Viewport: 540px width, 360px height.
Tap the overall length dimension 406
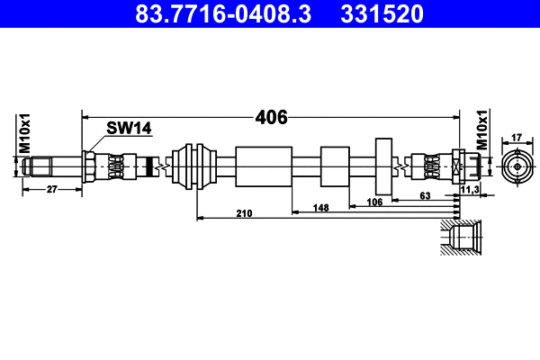[x=271, y=117]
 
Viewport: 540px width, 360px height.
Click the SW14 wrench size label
[x=129, y=129]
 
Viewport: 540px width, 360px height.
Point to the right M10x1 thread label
[x=481, y=131]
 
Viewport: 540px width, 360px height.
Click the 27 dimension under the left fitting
[x=51, y=189]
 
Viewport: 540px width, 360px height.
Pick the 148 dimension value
[x=320, y=207]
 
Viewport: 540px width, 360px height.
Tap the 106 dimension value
[x=375, y=202]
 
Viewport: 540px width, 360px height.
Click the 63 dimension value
[x=426, y=195]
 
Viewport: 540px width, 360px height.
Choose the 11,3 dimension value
[x=469, y=190]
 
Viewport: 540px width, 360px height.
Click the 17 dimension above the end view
[x=516, y=137]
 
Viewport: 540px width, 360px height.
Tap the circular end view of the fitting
[x=516, y=166]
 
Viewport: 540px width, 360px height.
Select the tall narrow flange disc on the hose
[x=383, y=166]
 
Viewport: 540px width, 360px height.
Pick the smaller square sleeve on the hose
[x=334, y=166]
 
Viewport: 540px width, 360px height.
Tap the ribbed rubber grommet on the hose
[x=195, y=166]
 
